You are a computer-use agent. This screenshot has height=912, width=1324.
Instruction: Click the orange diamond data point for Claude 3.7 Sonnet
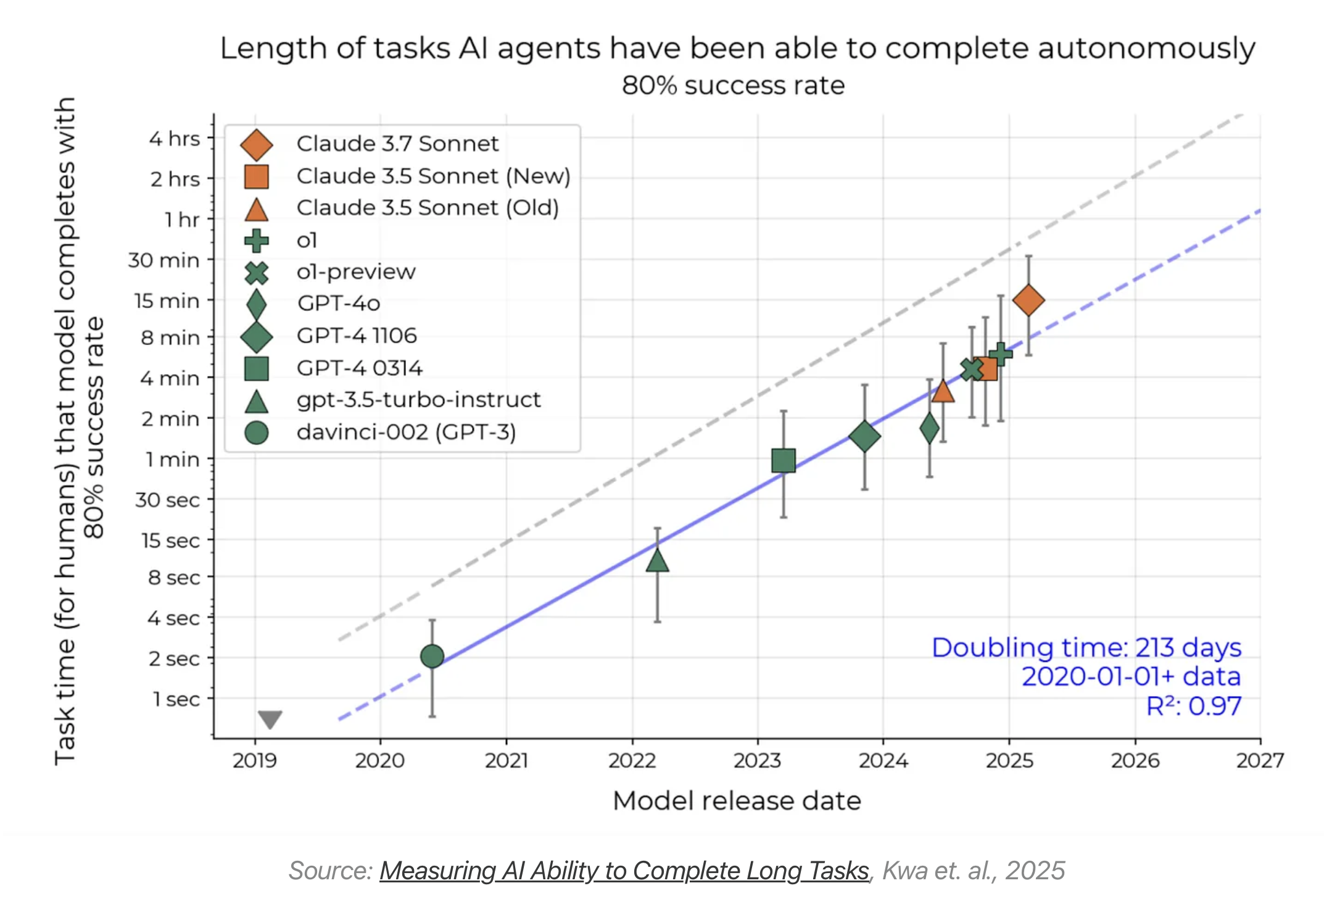pos(1028,301)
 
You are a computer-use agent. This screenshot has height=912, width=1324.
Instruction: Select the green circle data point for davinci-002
pos(432,656)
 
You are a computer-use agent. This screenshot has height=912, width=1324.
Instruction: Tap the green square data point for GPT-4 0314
pos(784,460)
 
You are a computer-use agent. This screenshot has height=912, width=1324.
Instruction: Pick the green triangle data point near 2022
pos(658,560)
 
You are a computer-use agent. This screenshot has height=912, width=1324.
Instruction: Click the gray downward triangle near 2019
pos(270,719)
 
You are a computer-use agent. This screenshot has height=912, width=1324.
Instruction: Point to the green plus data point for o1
pos(1001,354)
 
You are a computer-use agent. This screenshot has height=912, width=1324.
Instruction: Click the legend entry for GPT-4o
pos(338,304)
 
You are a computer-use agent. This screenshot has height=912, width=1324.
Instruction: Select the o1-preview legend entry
pos(356,272)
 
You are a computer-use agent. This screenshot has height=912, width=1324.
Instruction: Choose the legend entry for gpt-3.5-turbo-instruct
pos(418,400)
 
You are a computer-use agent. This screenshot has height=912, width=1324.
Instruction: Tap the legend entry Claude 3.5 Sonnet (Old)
pos(428,208)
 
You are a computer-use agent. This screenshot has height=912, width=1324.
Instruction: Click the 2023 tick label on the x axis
pos(758,761)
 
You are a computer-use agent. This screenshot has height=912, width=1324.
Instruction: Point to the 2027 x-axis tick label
pos(1260,761)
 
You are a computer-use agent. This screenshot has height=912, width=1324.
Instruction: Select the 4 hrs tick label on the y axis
pos(175,139)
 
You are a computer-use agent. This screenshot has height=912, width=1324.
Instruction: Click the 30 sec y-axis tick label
pos(168,500)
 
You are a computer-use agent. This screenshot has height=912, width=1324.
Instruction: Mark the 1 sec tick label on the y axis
pos(176,699)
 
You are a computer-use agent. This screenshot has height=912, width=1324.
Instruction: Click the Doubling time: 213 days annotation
pos(1086,648)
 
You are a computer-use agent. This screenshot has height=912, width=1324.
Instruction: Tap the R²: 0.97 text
pos(1194,706)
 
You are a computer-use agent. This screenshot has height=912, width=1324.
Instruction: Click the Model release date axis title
pos(737,801)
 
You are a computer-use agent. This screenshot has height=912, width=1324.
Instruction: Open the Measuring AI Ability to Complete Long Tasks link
pos(624,871)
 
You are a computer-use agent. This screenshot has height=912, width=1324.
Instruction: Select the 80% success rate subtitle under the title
pos(733,86)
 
